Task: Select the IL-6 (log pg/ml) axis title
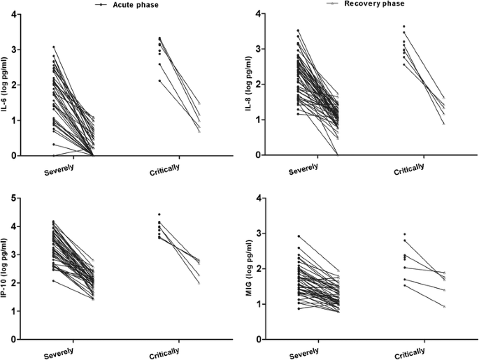coord(8,85)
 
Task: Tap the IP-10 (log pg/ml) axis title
coord(8,268)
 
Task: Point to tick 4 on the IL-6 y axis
coord(27,14)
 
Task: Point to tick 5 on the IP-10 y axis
coord(27,199)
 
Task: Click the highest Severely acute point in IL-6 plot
coord(53,47)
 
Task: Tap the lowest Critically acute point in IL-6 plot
coord(159,80)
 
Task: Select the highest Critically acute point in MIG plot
coord(403,234)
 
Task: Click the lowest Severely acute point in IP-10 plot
coord(53,281)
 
